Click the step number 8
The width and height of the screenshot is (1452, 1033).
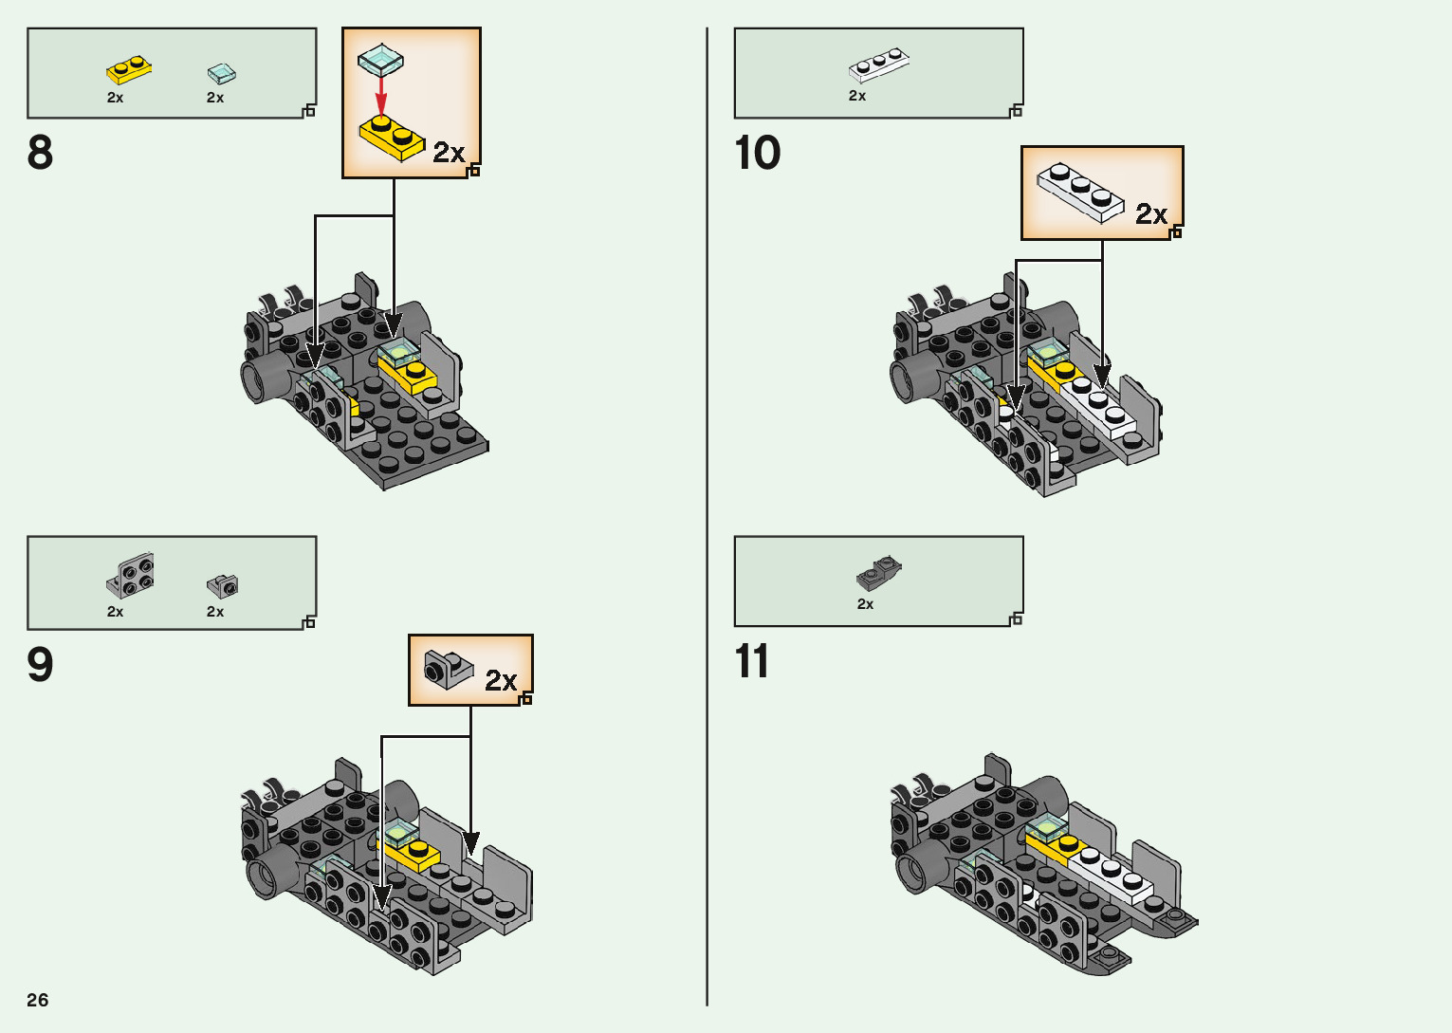point(40,153)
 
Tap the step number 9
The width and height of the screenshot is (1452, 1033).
point(40,665)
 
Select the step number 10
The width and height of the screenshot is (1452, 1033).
point(757,153)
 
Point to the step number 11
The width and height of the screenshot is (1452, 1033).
point(752,662)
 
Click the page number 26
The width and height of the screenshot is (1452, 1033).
point(38,1000)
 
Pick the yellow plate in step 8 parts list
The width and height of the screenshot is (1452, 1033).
point(129,70)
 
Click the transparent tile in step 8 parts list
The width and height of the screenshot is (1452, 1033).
point(221,73)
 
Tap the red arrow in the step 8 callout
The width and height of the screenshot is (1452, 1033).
point(381,95)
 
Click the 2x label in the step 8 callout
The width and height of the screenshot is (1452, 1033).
point(449,153)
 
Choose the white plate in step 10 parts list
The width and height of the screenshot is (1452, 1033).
point(878,65)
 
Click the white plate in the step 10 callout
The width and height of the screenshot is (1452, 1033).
point(1079,193)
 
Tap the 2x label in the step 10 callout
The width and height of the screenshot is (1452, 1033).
point(1151,214)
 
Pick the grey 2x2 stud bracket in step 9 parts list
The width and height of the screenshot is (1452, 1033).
point(132,575)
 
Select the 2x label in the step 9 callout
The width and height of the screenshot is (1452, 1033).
point(501,680)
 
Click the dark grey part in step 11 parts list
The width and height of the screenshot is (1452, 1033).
point(878,572)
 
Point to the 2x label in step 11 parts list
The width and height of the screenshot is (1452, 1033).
point(865,604)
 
